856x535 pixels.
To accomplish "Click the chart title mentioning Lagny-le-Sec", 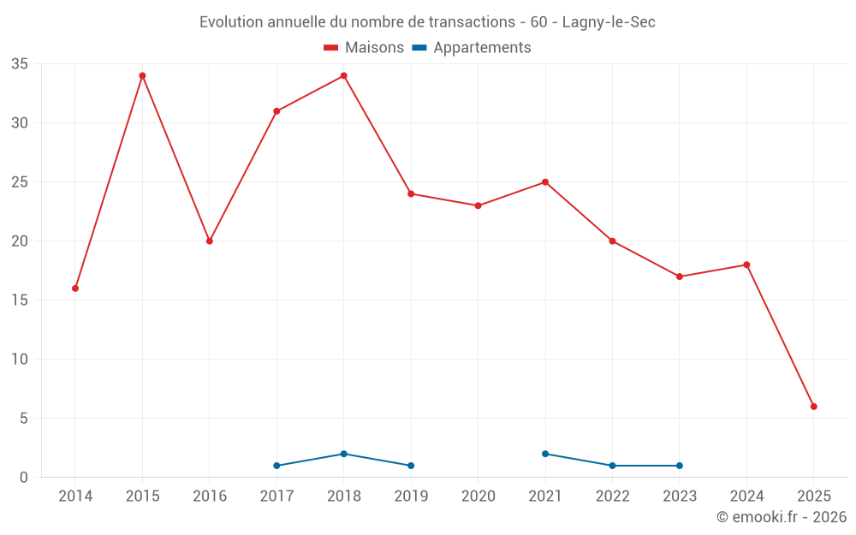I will pyautogui.click(x=427, y=22).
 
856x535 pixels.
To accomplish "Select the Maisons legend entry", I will pyautogui.click(x=364, y=48).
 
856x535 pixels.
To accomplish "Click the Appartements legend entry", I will pyautogui.click(x=472, y=48).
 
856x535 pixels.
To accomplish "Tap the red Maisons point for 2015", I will pyautogui.click(x=142, y=76).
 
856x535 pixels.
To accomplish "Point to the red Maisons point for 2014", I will pyautogui.click(x=75, y=288).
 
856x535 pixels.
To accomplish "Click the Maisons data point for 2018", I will pyautogui.click(x=344, y=76).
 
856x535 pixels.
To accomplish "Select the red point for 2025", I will pyautogui.click(x=814, y=407).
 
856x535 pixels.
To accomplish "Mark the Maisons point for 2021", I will pyautogui.click(x=545, y=182).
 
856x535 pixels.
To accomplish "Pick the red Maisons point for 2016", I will pyautogui.click(x=210, y=241).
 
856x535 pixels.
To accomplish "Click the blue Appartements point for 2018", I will pyautogui.click(x=344, y=454).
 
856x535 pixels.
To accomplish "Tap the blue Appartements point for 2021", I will pyautogui.click(x=545, y=454).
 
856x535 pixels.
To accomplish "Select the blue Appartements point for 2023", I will pyautogui.click(x=680, y=466).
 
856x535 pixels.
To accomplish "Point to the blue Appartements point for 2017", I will pyautogui.click(x=276, y=466).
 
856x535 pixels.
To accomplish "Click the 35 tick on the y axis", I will pyautogui.click(x=20, y=64).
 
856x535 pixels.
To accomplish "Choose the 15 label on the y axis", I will pyautogui.click(x=20, y=300).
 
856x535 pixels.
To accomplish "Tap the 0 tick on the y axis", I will pyautogui.click(x=24, y=478).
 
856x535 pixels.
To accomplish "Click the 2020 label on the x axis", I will pyautogui.click(x=479, y=496).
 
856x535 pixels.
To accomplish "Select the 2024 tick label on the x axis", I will pyautogui.click(x=746, y=496).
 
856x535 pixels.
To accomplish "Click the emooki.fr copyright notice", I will pyautogui.click(x=781, y=517).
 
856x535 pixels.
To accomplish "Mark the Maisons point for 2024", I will pyautogui.click(x=746, y=265).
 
